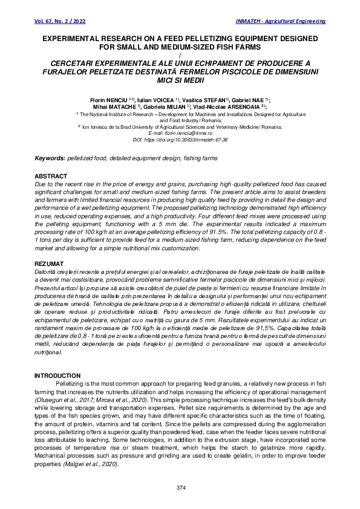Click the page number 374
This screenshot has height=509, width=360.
[x=180, y=487]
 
